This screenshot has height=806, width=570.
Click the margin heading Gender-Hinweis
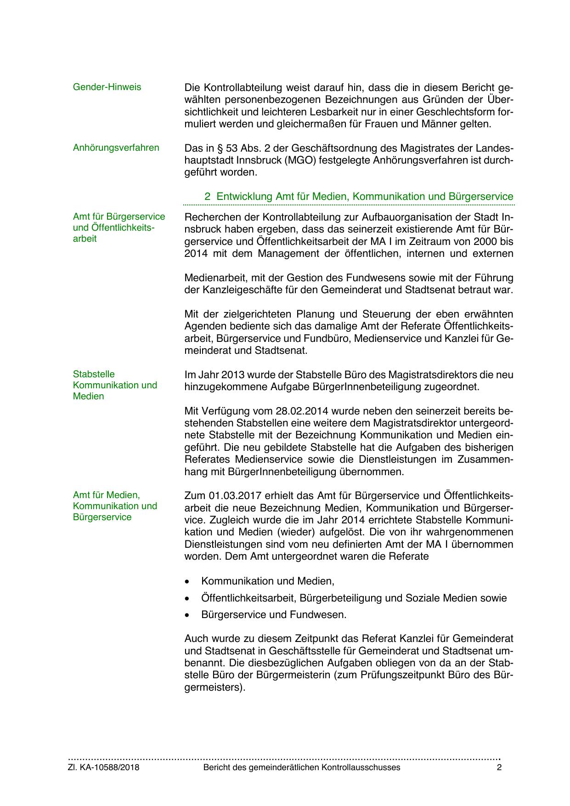[x=107, y=87]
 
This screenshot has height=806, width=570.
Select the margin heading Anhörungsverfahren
[x=116, y=148]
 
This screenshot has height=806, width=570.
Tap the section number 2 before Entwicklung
[x=208, y=196]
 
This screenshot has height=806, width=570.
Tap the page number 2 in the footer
[x=499, y=767]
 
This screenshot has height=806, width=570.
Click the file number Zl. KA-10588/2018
[x=104, y=767]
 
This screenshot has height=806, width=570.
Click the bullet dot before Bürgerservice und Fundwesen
[x=187, y=615]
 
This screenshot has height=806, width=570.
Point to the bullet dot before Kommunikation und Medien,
[x=187, y=581]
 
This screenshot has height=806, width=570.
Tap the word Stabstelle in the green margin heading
[x=94, y=374]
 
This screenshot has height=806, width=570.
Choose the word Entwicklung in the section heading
[x=245, y=196]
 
